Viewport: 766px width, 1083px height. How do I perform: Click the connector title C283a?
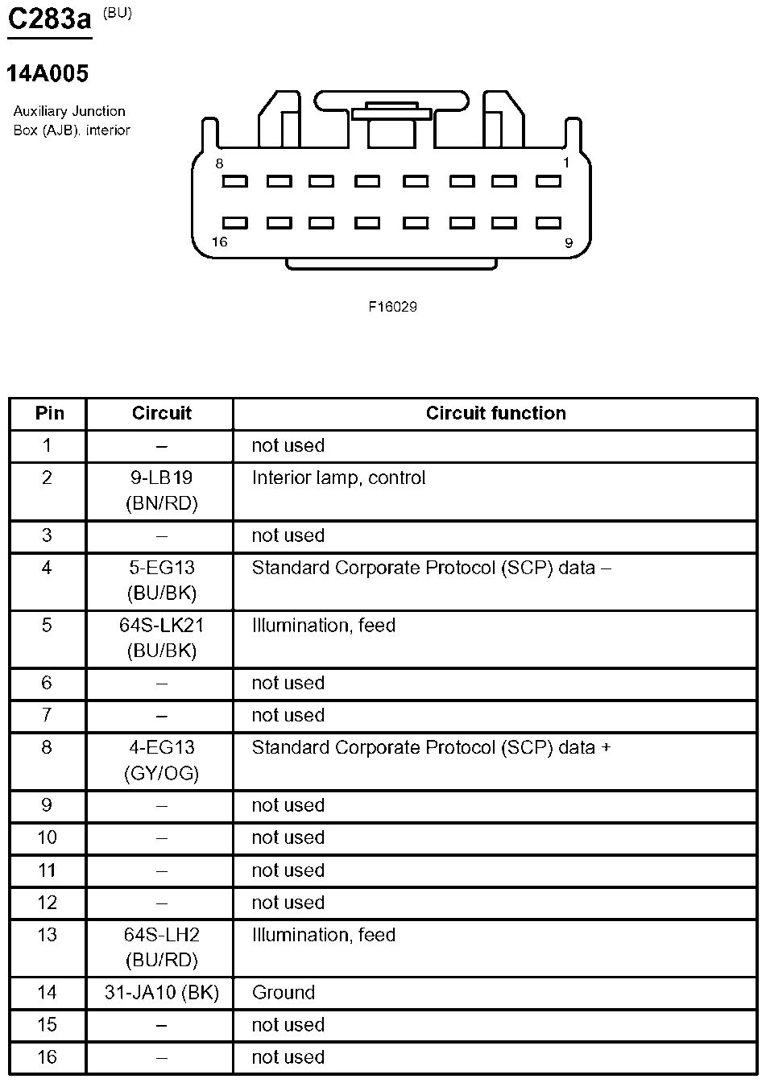(49, 19)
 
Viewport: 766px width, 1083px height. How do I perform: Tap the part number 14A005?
(48, 73)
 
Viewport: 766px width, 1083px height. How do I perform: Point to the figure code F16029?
(393, 307)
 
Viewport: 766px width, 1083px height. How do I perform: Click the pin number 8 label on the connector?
(219, 163)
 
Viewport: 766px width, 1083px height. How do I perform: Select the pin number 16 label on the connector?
(219, 242)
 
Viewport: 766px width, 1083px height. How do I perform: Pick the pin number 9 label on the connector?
(568, 242)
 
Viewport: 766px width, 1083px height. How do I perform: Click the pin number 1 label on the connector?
(565, 163)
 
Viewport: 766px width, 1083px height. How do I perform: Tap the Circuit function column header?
(495, 413)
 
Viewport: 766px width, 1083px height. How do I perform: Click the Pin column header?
(49, 413)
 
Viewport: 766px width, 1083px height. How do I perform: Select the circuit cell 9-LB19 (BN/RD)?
(161, 490)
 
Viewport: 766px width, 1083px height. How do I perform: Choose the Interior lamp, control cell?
(338, 478)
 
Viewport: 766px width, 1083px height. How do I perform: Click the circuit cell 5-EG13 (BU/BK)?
(161, 581)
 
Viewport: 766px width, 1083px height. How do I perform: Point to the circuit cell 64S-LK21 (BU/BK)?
(161, 638)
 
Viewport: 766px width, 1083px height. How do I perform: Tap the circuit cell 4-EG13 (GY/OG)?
(161, 760)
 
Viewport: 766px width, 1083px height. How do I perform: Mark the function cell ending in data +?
(431, 748)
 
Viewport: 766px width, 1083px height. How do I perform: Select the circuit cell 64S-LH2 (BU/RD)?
(161, 947)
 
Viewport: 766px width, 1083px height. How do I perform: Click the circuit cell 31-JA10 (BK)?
(161, 993)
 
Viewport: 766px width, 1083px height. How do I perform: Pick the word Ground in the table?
(283, 993)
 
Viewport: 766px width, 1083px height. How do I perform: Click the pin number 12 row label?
(48, 903)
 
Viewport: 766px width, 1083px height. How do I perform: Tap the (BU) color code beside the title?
(118, 14)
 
